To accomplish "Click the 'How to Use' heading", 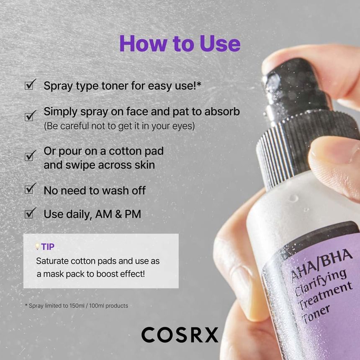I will pos(180,44).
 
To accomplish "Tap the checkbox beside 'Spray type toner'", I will pos(30,85).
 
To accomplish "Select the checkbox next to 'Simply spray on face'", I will pos(30,116).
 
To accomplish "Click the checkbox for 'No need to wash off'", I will pos(30,189).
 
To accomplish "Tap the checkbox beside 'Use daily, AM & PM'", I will pos(30,213).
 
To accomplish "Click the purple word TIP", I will pos(48,247).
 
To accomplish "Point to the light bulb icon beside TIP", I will pos(38,247).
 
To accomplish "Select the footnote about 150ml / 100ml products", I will pos(77,306).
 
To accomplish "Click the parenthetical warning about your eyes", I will pos(119,126).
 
